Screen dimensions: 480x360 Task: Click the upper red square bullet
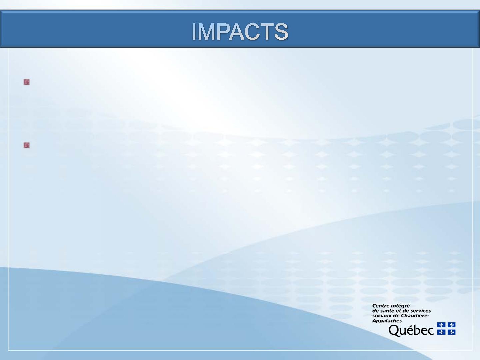point(27,82)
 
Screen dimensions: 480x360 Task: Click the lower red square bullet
point(27,145)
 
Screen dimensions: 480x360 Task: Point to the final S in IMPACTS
point(281,32)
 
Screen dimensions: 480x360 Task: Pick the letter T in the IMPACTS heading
point(267,32)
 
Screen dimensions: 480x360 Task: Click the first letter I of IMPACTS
point(194,32)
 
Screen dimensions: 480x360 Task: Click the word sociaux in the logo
point(381,316)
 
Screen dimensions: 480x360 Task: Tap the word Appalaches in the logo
point(387,321)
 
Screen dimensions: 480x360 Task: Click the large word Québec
point(411,330)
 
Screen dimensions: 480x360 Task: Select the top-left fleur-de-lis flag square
point(441,325)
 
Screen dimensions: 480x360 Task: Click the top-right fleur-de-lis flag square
point(451,325)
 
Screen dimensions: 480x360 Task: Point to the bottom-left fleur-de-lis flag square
point(441,332)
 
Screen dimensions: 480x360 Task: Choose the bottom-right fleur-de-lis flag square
point(451,332)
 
